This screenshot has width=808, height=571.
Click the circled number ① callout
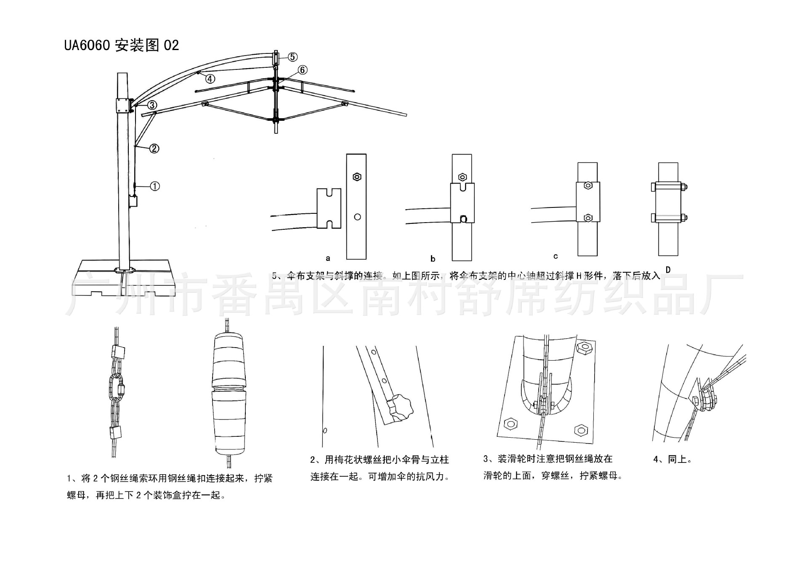[155, 186]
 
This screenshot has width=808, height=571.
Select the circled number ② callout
[154, 149]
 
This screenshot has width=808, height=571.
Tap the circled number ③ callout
[152, 105]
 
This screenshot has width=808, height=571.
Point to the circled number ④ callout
[210, 79]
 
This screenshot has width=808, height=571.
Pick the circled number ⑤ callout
[292, 57]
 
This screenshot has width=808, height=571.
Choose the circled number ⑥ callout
[302, 70]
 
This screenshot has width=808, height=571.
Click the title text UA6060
[87, 45]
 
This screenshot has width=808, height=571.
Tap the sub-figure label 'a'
[328, 258]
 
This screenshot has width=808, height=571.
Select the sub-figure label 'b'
[433, 259]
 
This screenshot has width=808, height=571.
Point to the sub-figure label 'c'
[555, 256]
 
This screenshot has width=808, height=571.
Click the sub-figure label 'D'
[668, 270]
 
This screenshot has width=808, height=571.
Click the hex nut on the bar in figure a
[357, 177]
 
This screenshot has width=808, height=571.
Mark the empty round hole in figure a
[357, 217]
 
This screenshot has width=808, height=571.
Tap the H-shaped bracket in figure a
[329, 208]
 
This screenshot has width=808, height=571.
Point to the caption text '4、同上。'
[672, 459]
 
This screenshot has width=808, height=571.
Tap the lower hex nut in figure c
[588, 218]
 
